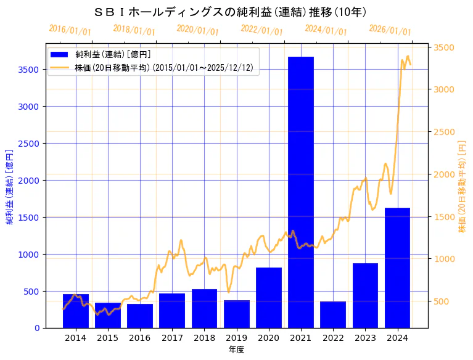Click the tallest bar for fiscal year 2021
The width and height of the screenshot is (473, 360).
coord(301,192)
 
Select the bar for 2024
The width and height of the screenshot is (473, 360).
coord(397,268)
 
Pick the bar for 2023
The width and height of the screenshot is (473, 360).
coord(365,295)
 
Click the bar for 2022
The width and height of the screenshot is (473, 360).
coord(333,314)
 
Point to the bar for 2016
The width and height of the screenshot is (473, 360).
coord(140,316)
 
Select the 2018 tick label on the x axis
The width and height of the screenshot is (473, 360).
coord(204,338)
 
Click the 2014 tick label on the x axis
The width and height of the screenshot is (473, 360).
coord(76,338)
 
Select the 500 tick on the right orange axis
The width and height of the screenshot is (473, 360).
coord(442,301)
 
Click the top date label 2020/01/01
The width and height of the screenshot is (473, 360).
coord(198,30)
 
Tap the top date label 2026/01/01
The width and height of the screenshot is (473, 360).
coord(390,30)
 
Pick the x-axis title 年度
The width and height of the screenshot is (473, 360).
coord(236,350)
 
